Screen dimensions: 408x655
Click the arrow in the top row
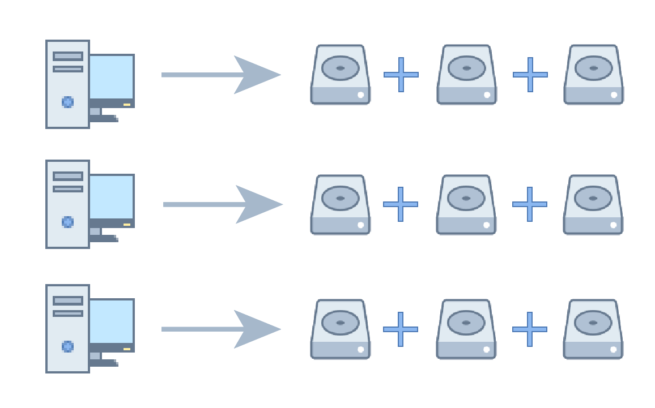[221, 75]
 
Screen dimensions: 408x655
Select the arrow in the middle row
[223, 204]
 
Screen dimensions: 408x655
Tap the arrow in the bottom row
[221, 329]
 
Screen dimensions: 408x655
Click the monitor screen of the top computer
[112, 76]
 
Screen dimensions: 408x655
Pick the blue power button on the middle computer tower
[67, 222]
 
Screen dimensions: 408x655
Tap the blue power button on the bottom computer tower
[67, 346]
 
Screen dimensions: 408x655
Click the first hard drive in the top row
[341, 75]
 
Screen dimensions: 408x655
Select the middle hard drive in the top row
[467, 75]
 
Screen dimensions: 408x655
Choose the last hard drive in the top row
[593, 75]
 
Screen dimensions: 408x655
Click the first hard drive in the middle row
[341, 205]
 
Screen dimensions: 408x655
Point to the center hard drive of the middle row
[466, 205]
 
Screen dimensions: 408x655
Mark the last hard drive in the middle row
[593, 205]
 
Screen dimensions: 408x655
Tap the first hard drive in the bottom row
[341, 329]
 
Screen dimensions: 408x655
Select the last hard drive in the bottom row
[593, 329]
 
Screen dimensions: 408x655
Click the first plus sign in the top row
[401, 74]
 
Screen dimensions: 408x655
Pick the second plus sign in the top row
[530, 74]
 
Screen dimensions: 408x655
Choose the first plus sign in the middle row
[401, 204]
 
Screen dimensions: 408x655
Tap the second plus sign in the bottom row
[530, 329]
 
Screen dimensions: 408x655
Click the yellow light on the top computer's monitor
[127, 105]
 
